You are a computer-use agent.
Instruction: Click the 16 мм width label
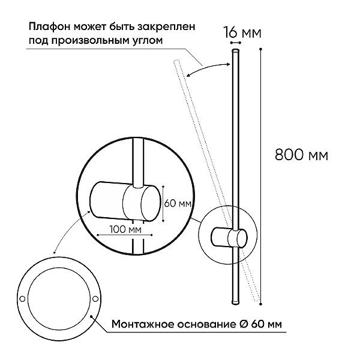[x=242, y=32]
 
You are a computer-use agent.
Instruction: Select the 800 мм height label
[x=301, y=155]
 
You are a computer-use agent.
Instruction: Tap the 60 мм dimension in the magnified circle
[x=178, y=203]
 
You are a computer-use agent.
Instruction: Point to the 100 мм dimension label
[x=125, y=229]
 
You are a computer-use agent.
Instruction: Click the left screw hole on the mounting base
[x=22, y=299]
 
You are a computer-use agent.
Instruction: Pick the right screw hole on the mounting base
[x=95, y=299]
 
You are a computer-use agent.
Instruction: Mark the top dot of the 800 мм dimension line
[x=260, y=49]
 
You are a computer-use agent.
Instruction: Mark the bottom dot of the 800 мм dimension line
[x=260, y=304]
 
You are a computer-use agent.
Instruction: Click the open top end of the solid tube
[x=235, y=50]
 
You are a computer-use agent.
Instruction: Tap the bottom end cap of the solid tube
[x=235, y=302]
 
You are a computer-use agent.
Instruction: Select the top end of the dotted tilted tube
[x=176, y=61]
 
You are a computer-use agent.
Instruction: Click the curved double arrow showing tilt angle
[x=208, y=69]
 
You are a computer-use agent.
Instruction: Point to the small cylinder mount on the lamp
[x=229, y=238]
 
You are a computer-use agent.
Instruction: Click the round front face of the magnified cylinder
[x=151, y=203]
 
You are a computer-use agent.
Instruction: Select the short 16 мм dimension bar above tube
[x=236, y=43]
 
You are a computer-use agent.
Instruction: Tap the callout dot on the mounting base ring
[x=91, y=316]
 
